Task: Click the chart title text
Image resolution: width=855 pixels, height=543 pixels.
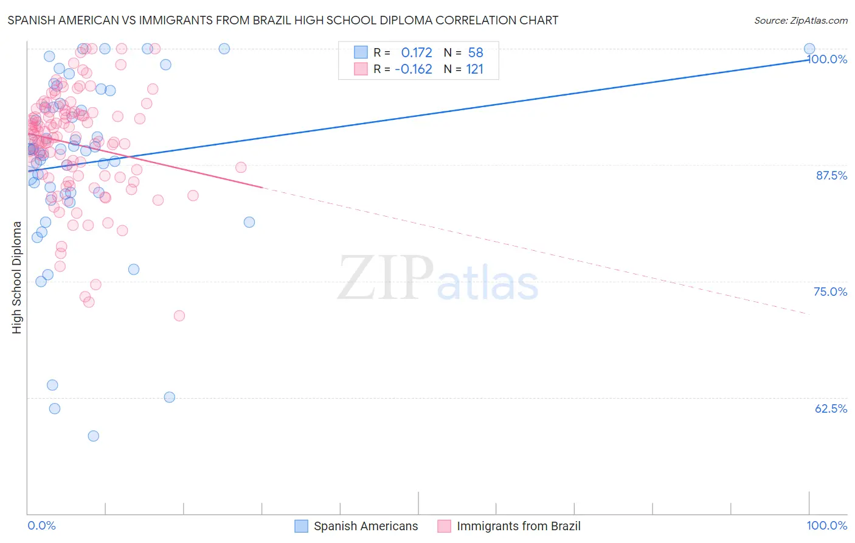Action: (x=282, y=20)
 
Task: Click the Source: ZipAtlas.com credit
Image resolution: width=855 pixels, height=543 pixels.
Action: (x=800, y=20)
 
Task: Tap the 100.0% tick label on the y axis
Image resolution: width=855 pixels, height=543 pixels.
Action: (x=828, y=59)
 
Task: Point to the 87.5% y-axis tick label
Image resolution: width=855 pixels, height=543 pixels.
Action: (x=831, y=175)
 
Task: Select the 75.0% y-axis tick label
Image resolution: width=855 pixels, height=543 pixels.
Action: (x=830, y=292)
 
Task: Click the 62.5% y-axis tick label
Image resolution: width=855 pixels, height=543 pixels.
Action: (x=831, y=408)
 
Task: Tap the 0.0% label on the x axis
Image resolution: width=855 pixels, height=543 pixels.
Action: (x=41, y=525)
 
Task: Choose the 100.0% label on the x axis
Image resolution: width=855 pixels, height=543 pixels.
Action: (x=826, y=525)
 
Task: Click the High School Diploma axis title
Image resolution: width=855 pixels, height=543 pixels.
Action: (x=17, y=277)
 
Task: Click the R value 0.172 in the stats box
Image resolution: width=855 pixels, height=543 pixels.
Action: (x=417, y=53)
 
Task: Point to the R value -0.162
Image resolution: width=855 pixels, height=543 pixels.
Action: (x=414, y=69)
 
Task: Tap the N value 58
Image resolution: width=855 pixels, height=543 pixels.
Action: (x=476, y=53)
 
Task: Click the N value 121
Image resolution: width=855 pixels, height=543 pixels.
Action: (x=475, y=69)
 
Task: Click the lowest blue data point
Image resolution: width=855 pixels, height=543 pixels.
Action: (x=93, y=436)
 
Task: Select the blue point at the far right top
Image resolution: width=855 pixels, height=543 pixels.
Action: (x=809, y=49)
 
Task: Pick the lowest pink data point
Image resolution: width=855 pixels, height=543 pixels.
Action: (x=179, y=315)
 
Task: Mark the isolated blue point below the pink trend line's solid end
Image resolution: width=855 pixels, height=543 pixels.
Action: (x=249, y=222)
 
